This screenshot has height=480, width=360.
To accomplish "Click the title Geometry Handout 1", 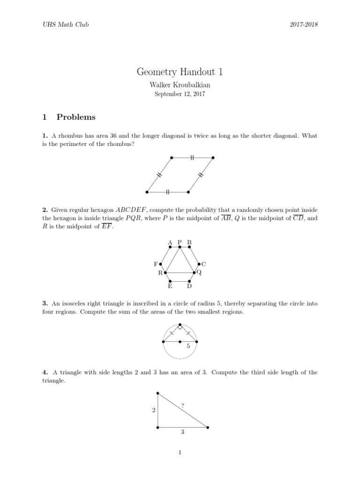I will click(180, 72).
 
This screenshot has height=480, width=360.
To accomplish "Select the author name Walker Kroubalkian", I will click(180, 85).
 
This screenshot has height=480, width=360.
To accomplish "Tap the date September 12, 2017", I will click(180, 94).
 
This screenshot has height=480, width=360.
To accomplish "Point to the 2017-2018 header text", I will click(304, 24).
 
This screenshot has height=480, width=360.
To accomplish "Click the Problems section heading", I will click(76, 117).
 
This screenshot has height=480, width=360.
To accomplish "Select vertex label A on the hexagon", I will click(170, 242).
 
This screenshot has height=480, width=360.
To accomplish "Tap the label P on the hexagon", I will click(180, 242).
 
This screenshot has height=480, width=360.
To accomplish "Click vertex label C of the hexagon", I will click(203, 264).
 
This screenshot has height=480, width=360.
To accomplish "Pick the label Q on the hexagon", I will click(199, 272).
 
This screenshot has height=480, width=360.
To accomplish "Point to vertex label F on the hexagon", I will click(156, 264).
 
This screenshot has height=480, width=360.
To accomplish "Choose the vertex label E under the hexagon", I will click(170, 286).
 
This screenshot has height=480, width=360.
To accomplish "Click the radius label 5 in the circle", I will click(188, 347).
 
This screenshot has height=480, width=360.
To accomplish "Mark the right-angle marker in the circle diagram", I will click(180, 327).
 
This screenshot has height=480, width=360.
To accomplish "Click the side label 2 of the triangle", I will click(153, 411).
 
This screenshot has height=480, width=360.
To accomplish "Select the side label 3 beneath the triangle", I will click(182, 433).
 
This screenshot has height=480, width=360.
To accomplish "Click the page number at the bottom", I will click(180, 452).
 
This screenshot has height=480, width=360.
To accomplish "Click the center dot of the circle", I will click(180, 341).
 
